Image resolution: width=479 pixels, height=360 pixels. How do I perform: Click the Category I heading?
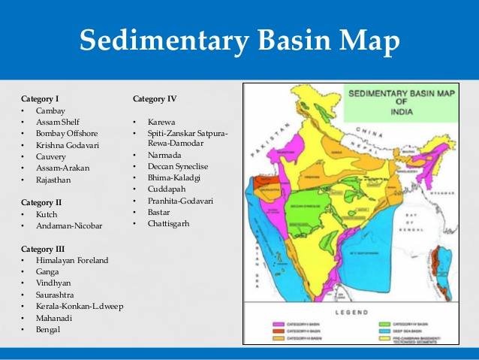pyautogui.click(x=41, y=98)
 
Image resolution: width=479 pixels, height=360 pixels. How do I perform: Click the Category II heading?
pyautogui.click(x=41, y=202)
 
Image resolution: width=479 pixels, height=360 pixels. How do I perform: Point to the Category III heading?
pyautogui.click(x=43, y=249)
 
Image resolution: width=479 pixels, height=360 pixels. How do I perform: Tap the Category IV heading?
pyautogui.click(x=155, y=98)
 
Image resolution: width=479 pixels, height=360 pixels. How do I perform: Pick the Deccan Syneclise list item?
pyautogui.click(x=178, y=166)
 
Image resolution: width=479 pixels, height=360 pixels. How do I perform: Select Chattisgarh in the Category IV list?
pyautogui.click(x=169, y=223)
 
